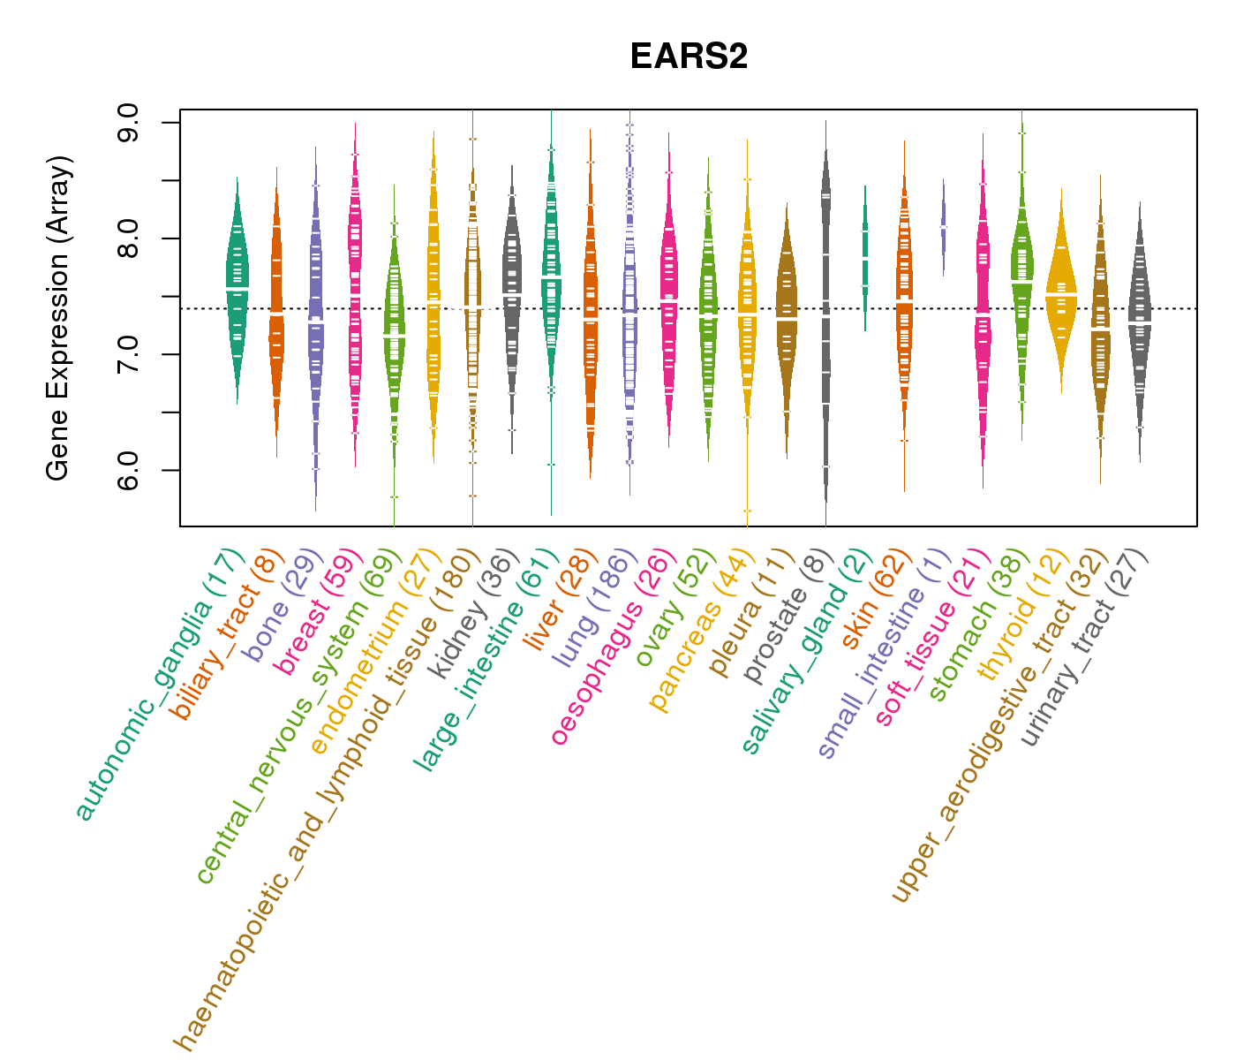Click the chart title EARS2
689,57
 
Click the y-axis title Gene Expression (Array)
58,319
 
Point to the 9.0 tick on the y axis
127,122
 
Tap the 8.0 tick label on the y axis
127,238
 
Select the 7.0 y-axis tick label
127,354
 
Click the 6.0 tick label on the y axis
127,470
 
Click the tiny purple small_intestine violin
943,226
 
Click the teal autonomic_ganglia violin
237,291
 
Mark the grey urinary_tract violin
1140,327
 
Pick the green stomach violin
1022,274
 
